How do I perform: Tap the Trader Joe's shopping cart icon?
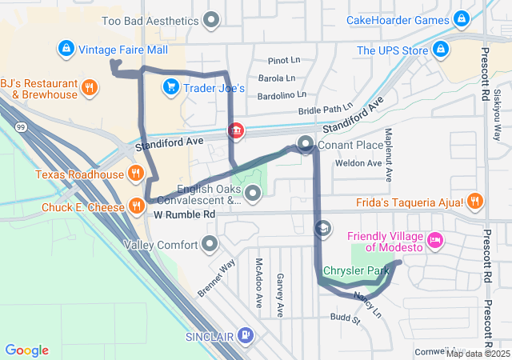(x=170, y=86)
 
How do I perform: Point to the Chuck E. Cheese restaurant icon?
(x=137, y=207)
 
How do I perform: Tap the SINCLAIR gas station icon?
(x=246, y=335)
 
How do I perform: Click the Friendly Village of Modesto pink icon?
(x=434, y=239)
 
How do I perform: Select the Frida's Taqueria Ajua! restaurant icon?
(x=475, y=200)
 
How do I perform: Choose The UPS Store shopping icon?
(x=439, y=50)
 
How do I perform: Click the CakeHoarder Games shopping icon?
(x=460, y=19)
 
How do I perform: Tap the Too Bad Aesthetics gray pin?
(x=212, y=19)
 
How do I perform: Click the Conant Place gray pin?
(x=305, y=145)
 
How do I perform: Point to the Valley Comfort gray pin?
(x=210, y=242)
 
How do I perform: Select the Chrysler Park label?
(x=355, y=271)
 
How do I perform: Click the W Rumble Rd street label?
(x=185, y=215)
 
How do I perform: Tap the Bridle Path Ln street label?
(x=325, y=108)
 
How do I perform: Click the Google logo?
(x=27, y=350)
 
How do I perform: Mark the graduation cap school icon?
(x=322, y=230)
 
